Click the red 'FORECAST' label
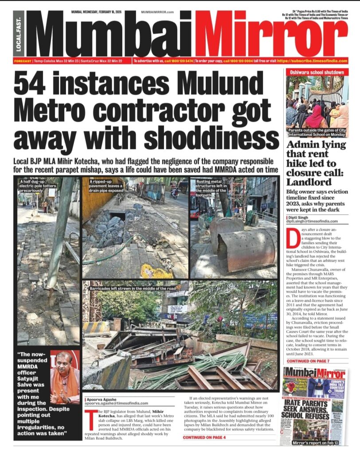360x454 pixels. click(x=22, y=61)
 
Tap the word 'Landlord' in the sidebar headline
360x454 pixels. click(x=309, y=182)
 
